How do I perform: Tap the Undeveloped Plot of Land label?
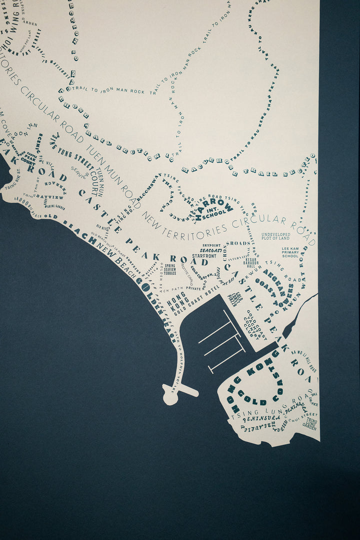(275, 236)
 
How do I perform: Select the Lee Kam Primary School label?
(290, 252)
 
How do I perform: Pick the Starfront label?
(204, 256)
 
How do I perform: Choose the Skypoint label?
(211, 246)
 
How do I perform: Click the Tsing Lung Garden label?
(309, 424)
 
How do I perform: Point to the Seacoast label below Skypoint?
(210, 250)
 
